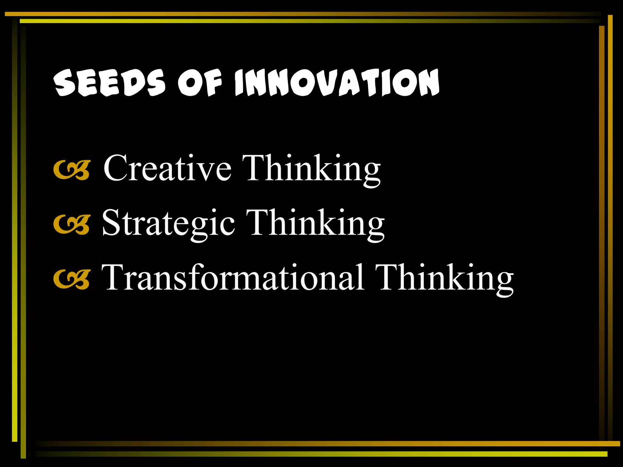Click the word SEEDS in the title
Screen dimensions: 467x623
[110, 83]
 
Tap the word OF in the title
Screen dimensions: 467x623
[200, 83]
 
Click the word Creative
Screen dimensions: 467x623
[167, 168]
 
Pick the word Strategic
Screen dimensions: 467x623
[168, 223]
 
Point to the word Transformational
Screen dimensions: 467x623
[233, 277]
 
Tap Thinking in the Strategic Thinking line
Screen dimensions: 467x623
[315, 223]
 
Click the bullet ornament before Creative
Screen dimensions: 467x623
[72, 170]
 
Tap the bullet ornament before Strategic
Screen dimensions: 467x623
[72, 225]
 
